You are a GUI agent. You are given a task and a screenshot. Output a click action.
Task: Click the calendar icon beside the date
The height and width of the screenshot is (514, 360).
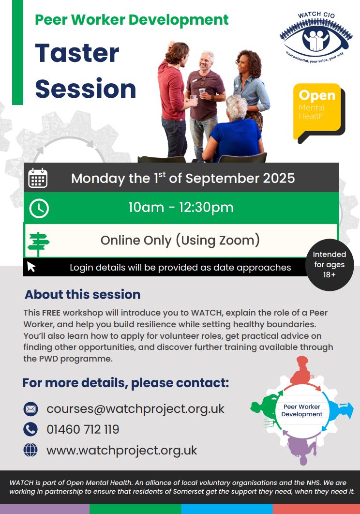pyautogui.click(x=38, y=178)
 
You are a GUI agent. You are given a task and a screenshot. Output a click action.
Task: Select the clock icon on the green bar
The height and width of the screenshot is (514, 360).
pyautogui.click(x=39, y=208)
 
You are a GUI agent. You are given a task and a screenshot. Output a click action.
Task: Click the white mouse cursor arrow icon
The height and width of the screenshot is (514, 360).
pyautogui.click(x=31, y=267)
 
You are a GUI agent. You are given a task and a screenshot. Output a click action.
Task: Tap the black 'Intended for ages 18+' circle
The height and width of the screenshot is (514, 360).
pyautogui.click(x=329, y=265)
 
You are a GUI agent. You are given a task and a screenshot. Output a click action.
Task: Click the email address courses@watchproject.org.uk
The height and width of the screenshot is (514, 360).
pyautogui.click(x=135, y=409)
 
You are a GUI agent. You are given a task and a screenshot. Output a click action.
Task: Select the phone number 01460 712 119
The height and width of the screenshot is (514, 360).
pyautogui.click(x=83, y=429)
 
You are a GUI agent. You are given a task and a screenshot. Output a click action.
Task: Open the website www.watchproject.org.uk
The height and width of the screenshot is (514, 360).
pyautogui.click(x=121, y=451)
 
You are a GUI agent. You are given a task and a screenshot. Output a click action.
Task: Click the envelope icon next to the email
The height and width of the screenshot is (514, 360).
pyautogui.click(x=30, y=409)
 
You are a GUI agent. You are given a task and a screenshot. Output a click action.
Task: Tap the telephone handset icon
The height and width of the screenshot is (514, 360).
pyautogui.click(x=30, y=429)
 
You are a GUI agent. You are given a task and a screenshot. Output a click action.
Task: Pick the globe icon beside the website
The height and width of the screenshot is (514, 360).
pyautogui.click(x=30, y=450)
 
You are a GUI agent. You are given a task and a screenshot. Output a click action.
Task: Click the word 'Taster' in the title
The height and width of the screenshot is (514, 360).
pyautogui.click(x=77, y=53)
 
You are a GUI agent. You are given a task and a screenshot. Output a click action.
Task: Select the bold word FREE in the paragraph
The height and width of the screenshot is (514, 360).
pyautogui.click(x=51, y=313)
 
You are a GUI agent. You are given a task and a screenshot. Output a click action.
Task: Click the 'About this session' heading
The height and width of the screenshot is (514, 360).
pyautogui.click(x=83, y=294)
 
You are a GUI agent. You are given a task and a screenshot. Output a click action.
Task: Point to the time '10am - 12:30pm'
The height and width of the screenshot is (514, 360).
pyautogui.click(x=180, y=207)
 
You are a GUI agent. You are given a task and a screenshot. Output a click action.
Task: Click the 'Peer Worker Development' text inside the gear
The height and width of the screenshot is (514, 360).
pyautogui.click(x=301, y=410)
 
